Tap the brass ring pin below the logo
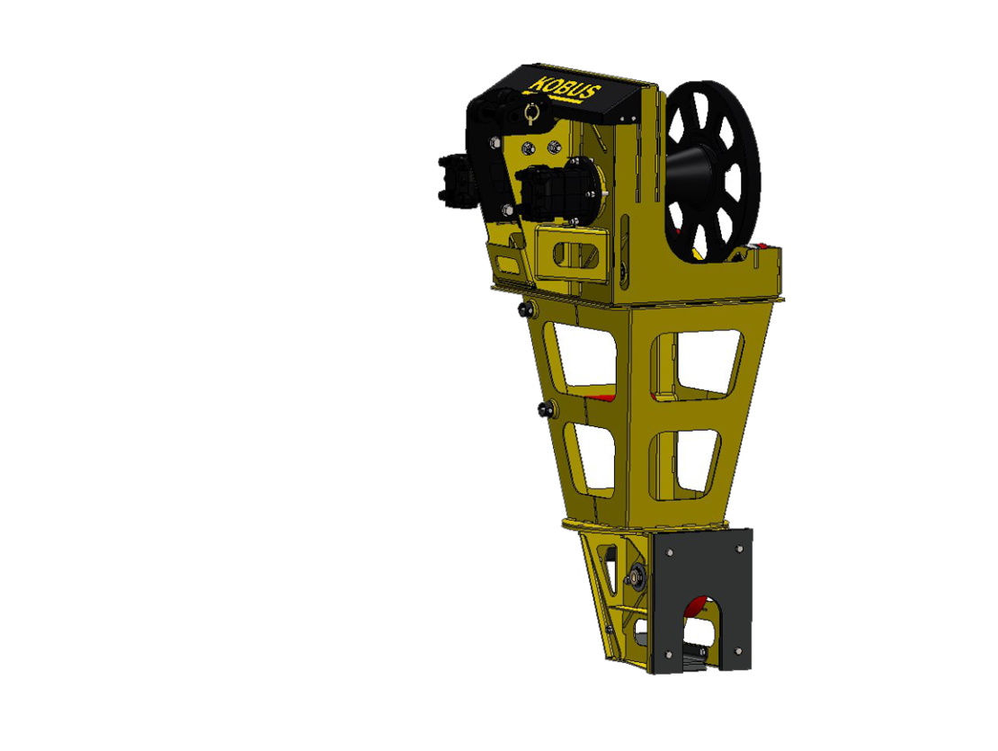click(x=531, y=114)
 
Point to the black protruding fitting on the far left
click(x=457, y=181)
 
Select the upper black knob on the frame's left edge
click(x=526, y=310)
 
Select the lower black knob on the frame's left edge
click(x=546, y=409)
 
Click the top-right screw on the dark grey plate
click(x=739, y=549)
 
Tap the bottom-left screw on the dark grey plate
click(x=668, y=654)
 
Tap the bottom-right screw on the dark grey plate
click(x=737, y=650)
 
